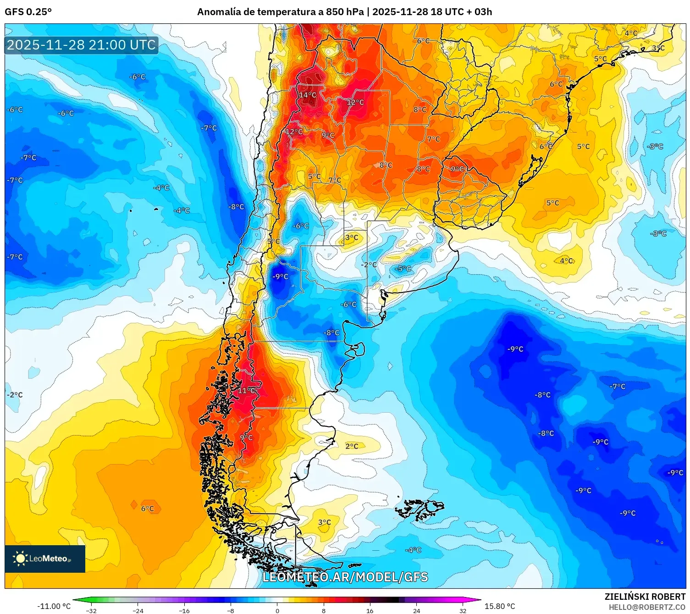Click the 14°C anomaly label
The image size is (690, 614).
308,95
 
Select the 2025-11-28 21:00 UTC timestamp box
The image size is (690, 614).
81,45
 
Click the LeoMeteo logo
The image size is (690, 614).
44,559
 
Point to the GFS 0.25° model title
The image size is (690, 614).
28,12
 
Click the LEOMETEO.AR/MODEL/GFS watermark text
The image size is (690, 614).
345,577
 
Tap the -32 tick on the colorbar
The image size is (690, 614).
92,610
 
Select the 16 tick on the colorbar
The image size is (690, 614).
370,610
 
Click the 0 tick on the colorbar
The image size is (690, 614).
277,610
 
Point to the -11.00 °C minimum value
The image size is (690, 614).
54,606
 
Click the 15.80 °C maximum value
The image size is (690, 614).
500,606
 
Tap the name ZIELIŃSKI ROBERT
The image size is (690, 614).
645,597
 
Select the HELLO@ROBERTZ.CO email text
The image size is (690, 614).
647,607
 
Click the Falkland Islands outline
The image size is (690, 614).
420,509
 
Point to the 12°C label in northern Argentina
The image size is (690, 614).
355,102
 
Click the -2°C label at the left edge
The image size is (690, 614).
15,395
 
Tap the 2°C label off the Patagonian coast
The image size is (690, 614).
352,446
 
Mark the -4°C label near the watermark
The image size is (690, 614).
413,550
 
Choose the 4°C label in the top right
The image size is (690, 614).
631,33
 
